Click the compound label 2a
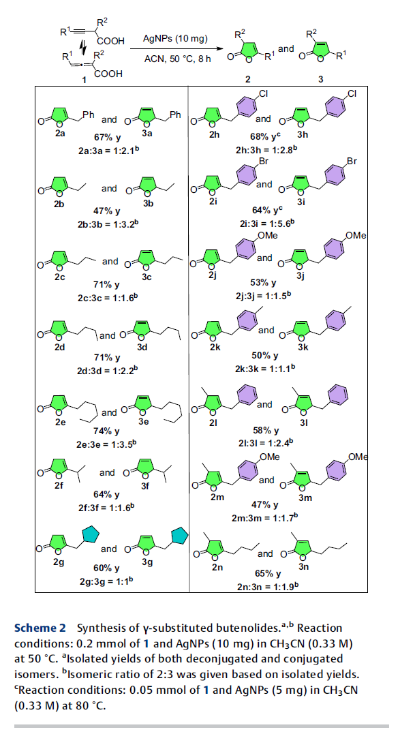(x=60, y=134)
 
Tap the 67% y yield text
(x=108, y=138)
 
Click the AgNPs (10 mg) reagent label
(x=175, y=39)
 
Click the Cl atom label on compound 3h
(x=352, y=93)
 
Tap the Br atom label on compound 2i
(x=263, y=162)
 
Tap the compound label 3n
(x=304, y=567)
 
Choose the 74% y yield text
(x=108, y=431)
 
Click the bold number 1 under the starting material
(x=84, y=80)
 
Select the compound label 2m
(x=217, y=497)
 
